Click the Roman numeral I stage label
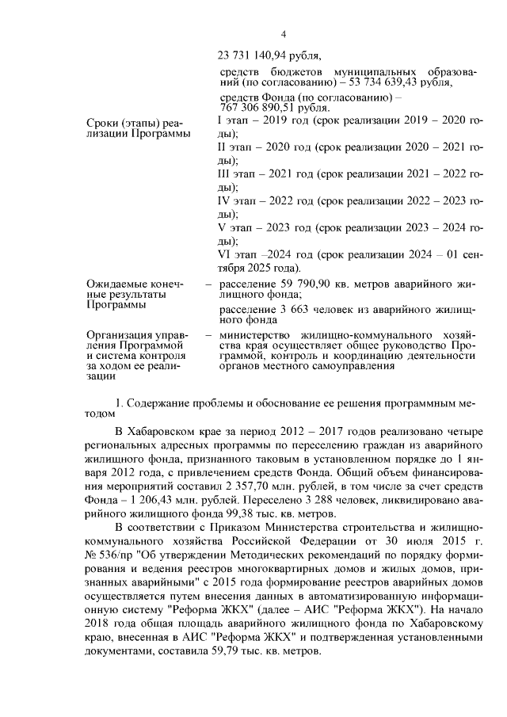[219, 121]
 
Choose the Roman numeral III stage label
[223, 174]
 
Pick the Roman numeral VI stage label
[223, 254]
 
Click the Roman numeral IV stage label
[224, 200]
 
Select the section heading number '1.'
[120, 403]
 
